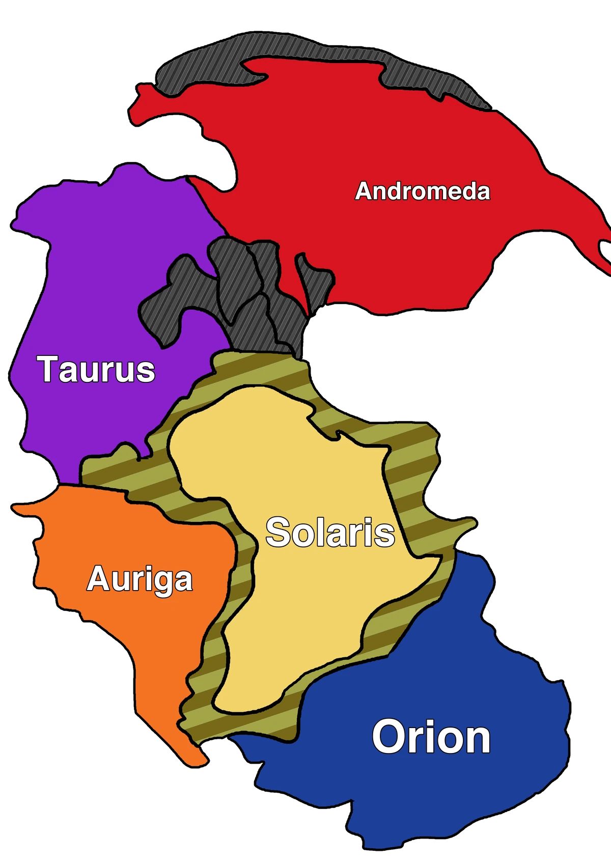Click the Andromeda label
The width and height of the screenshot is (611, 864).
[x=423, y=191]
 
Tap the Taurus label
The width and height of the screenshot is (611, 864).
[x=96, y=369]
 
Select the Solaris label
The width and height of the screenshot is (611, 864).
[x=330, y=533]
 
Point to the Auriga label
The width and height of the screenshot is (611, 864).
[x=140, y=579]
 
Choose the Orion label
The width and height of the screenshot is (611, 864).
[x=431, y=737]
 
